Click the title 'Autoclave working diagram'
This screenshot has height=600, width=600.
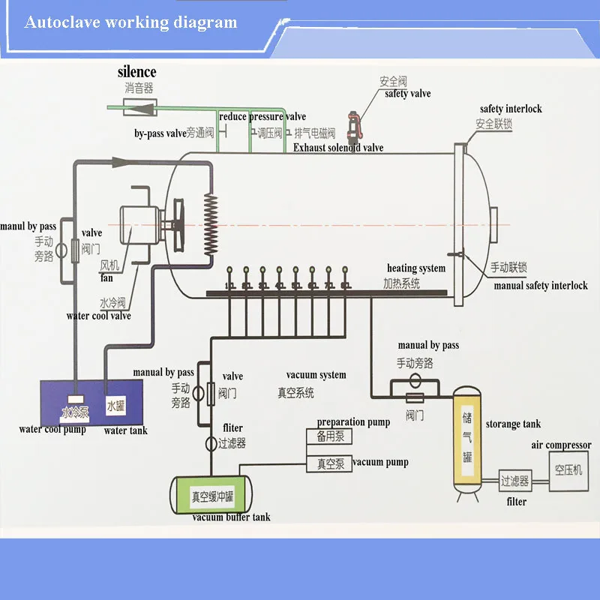pos(130,22)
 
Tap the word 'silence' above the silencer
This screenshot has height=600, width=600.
pos(136,72)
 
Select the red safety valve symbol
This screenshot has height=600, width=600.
pos(351,121)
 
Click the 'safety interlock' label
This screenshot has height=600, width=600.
pos(511,109)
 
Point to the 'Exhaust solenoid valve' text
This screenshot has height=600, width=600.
pos(338,148)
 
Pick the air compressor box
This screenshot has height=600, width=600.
pos(569,471)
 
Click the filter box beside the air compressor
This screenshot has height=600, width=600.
pos(514,481)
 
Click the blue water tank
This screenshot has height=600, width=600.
pos(115,406)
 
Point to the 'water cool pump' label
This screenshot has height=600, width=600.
pos(52,430)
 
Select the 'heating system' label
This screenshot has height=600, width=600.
pos(416,268)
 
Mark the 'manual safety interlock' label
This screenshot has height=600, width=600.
pos(540,286)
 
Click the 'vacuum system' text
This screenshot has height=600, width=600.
pos(316,375)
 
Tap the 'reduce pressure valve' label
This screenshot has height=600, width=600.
pos(262,116)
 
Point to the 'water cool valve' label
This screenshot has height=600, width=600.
pos(98,316)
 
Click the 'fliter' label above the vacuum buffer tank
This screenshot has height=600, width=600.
pos(232,428)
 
